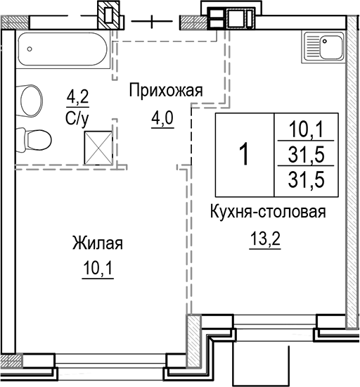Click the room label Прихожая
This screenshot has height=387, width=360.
(x=166, y=90)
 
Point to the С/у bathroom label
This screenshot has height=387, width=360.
(x=77, y=117)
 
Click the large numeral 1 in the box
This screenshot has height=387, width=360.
(x=244, y=153)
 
